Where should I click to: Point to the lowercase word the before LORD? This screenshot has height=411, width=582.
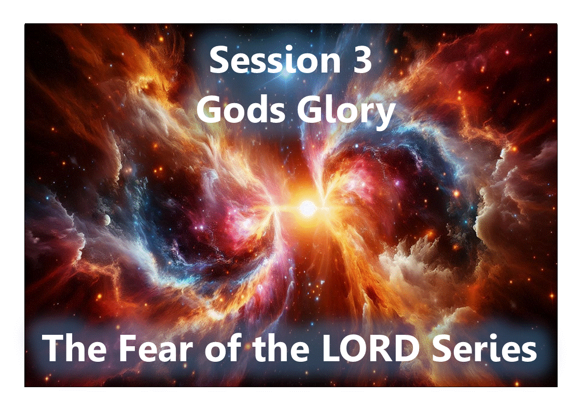click(279, 348)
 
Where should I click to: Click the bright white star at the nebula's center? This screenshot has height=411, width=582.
click(308, 208)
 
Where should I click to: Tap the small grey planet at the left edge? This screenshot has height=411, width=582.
click(107, 220)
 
